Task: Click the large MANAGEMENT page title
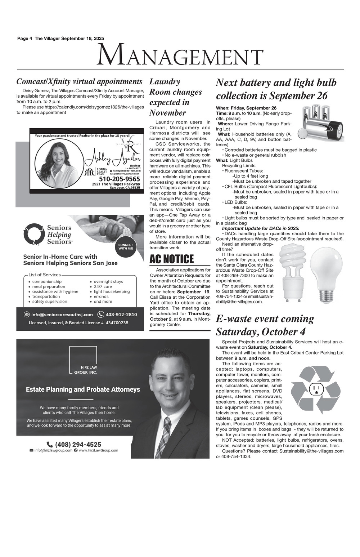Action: pos(180,56)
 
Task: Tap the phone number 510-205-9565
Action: pos(119,179)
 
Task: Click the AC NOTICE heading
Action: pos(172,259)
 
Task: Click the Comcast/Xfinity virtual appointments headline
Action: pos(79,82)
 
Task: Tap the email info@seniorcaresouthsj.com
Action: pos(62,315)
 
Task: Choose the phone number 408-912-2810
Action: pos(121,315)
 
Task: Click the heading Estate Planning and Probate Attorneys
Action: pos(83,389)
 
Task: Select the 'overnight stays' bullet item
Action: pos(108,281)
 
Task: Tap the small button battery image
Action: pos(303,134)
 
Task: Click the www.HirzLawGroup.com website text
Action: pos(98,450)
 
